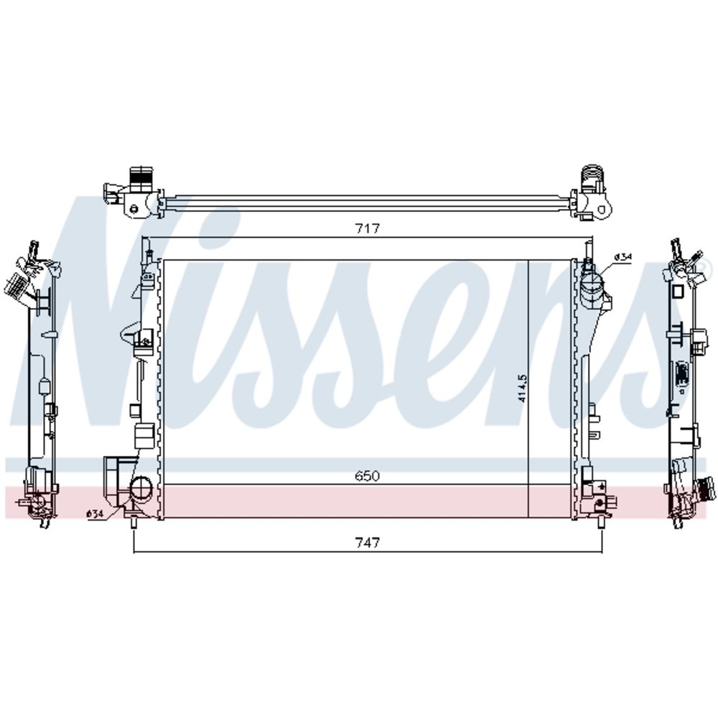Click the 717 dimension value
click(x=368, y=228)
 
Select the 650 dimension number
click(x=367, y=476)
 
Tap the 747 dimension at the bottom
click(x=368, y=543)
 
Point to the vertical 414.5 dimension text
click(x=523, y=388)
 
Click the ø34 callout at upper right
click(x=623, y=257)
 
